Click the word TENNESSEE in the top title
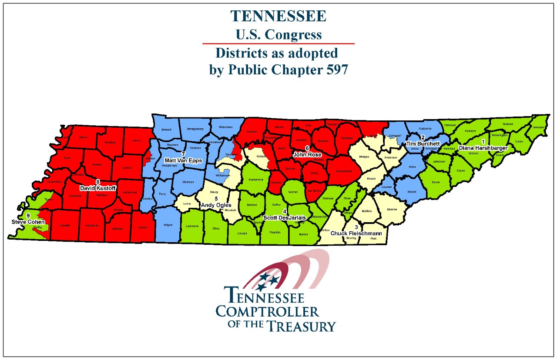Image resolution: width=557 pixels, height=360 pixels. (x=278, y=16)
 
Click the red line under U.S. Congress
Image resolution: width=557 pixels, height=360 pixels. (x=278, y=43)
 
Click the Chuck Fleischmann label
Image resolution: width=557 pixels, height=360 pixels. (x=356, y=233)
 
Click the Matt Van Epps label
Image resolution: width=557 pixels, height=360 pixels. (x=183, y=160)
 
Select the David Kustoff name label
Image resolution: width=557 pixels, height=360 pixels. (x=98, y=188)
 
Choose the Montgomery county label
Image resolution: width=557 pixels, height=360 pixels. (x=195, y=129)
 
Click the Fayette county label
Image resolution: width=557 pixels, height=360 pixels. (x=65, y=225)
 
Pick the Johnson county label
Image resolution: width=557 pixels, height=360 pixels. (x=538, y=127)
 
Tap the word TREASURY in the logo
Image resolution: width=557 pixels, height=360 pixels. (x=301, y=326)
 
